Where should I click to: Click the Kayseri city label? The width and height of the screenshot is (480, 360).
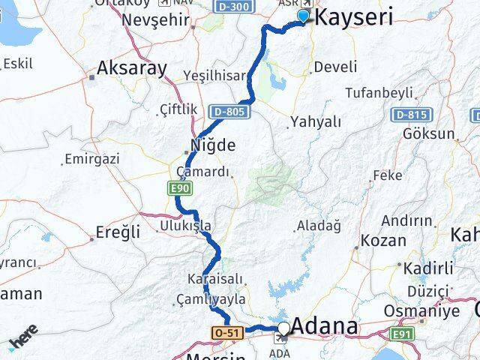[x=355, y=18]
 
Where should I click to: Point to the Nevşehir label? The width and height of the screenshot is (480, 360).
[x=156, y=19]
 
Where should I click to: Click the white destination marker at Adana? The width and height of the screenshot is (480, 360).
[x=283, y=328]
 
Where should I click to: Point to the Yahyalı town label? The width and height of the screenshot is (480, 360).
[x=315, y=121]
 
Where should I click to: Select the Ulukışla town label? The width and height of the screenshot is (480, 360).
[x=185, y=225]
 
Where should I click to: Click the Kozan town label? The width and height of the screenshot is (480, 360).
[x=384, y=241]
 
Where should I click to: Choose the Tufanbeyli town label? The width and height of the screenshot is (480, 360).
[x=379, y=93]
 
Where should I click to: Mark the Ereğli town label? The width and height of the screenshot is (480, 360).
[x=118, y=232]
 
